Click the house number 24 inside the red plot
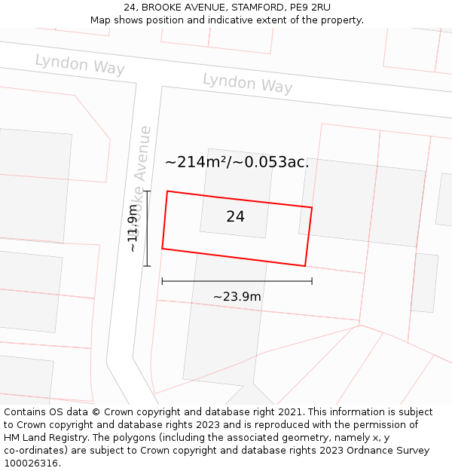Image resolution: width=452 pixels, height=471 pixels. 235,217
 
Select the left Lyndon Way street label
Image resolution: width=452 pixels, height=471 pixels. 80,64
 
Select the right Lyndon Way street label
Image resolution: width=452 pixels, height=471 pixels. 247,83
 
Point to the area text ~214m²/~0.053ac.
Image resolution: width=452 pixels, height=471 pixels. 237,162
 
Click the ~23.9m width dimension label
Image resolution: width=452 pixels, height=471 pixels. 237,296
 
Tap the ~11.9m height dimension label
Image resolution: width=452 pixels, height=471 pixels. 133,228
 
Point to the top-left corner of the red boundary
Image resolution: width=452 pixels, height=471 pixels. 167,191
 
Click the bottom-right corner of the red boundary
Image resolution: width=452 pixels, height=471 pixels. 304,265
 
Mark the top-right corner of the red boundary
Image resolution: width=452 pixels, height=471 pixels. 312,207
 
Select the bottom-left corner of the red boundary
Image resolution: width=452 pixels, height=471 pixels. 162,248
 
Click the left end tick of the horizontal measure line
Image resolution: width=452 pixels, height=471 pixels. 162,281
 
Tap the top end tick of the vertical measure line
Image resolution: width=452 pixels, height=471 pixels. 147,191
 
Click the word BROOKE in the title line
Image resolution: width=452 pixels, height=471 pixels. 160,8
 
